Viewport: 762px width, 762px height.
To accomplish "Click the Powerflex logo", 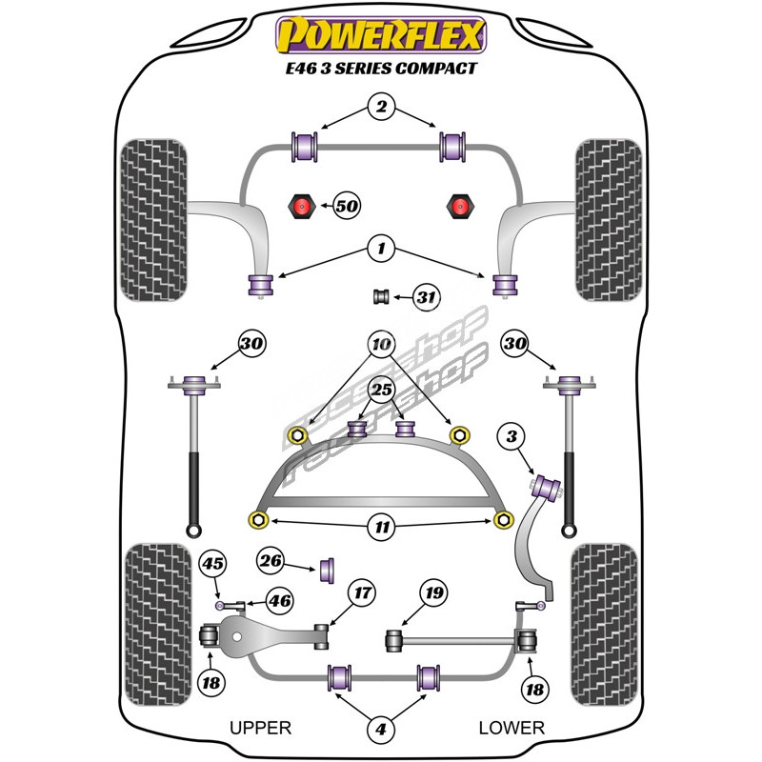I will pyautogui.click(x=381, y=35).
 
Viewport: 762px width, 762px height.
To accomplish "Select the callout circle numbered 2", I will pyautogui.click(x=381, y=109).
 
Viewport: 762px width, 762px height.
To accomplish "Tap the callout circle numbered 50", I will pyautogui.click(x=347, y=205).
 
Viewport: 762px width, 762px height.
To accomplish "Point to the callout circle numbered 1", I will pyautogui.click(x=381, y=251).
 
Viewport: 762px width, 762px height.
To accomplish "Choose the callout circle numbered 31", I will pyautogui.click(x=426, y=298).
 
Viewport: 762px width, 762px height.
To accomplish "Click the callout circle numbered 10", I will pyautogui.click(x=381, y=343).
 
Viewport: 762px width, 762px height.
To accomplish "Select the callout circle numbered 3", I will pyautogui.click(x=512, y=437).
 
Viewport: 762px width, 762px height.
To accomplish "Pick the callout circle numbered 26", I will pyautogui.click(x=271, y=562).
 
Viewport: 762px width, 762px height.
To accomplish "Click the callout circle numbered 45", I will pyautogui.click(x=212, y=565).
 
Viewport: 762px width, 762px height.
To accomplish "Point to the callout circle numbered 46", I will pyautogui.click(x=279, y=600).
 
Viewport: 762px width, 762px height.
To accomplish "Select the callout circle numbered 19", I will pyautogui.click(x=433, y=594).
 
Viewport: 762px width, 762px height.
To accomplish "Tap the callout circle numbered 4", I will pyautogui.click(x=381, y=730).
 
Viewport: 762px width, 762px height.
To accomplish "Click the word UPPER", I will pyautogui.click(x=260, y=728).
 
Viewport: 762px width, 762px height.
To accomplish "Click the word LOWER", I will pyautogui.click(x=511, y=728).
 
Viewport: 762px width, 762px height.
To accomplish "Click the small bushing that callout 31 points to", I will pyautogui.click(x=381, y=296).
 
